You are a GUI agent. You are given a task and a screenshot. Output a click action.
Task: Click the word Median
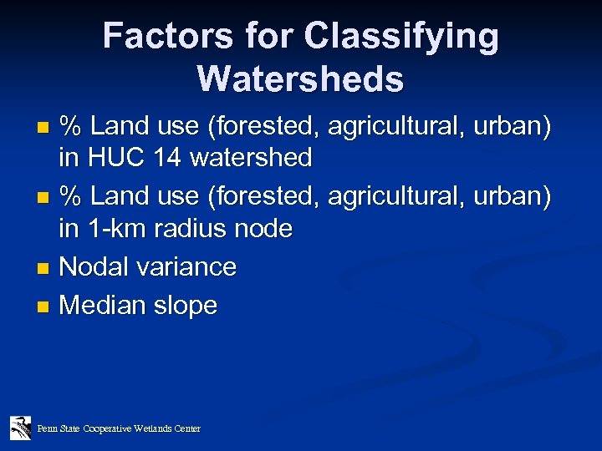[101, 306]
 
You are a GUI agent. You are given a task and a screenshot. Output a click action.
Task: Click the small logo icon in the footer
[21, 428]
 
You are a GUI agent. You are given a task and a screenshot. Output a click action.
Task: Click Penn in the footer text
[45, 428]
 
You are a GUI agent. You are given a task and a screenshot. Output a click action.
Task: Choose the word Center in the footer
[187, 428]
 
